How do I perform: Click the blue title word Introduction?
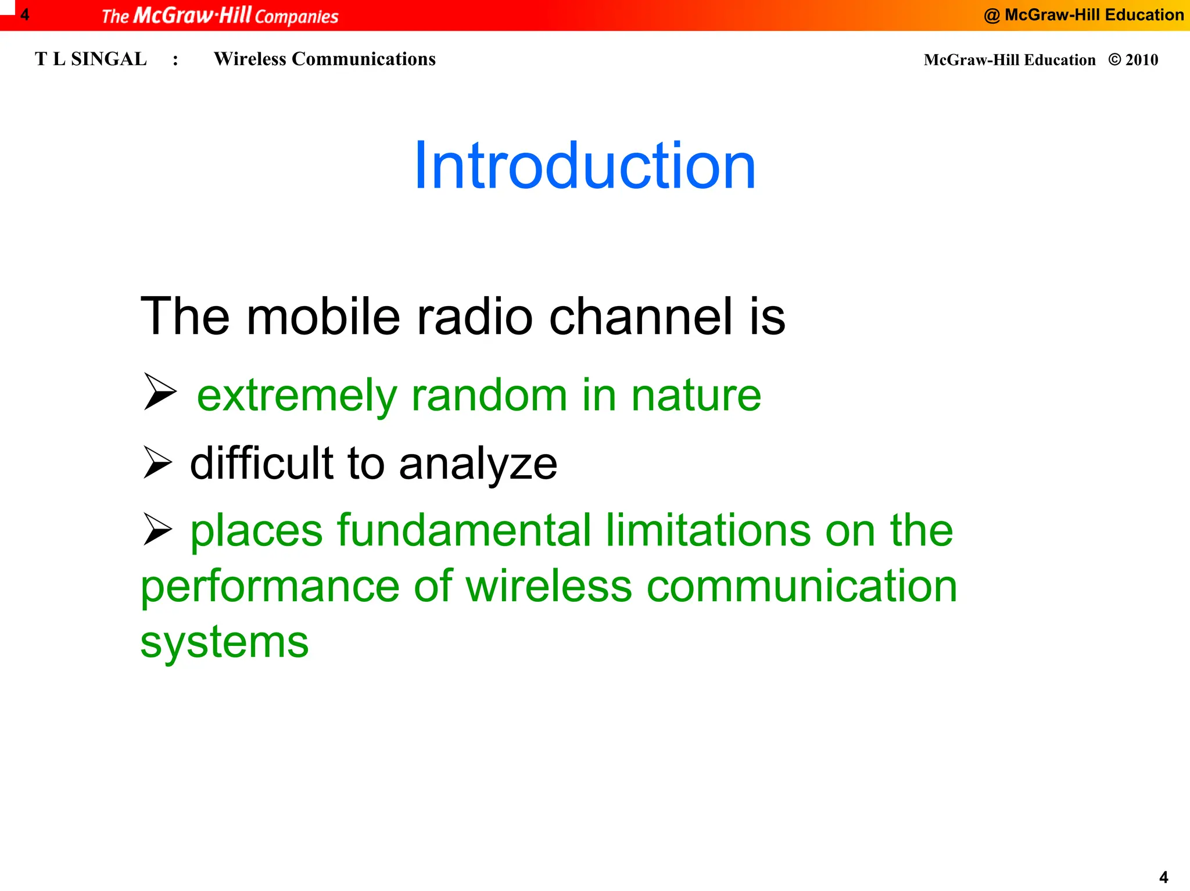click(x=585, y=167)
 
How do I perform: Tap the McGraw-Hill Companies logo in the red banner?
click(x=220, y=16)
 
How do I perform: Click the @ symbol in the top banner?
click(x=991, y=16)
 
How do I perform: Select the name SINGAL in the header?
click(x=109, y=59)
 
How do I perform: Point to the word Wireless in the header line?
click(x=250, y=59)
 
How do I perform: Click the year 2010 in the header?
click(x=1142, y=60)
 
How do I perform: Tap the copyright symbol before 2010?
click(x=1114, y=59)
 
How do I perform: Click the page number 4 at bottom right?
click(x=1163, y=876)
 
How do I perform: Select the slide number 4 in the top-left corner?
click(x=24, y=15)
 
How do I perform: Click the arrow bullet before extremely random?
click(x=159, y=392)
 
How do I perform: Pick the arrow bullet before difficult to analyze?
click(x=157, y=462)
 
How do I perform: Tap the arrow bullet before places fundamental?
click(x=157, y=529)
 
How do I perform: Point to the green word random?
click(x=489, y=395)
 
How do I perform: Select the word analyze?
click(x=478, y=465)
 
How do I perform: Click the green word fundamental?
click(x=464, y=530)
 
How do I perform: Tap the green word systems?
click(x=224, y=643)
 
